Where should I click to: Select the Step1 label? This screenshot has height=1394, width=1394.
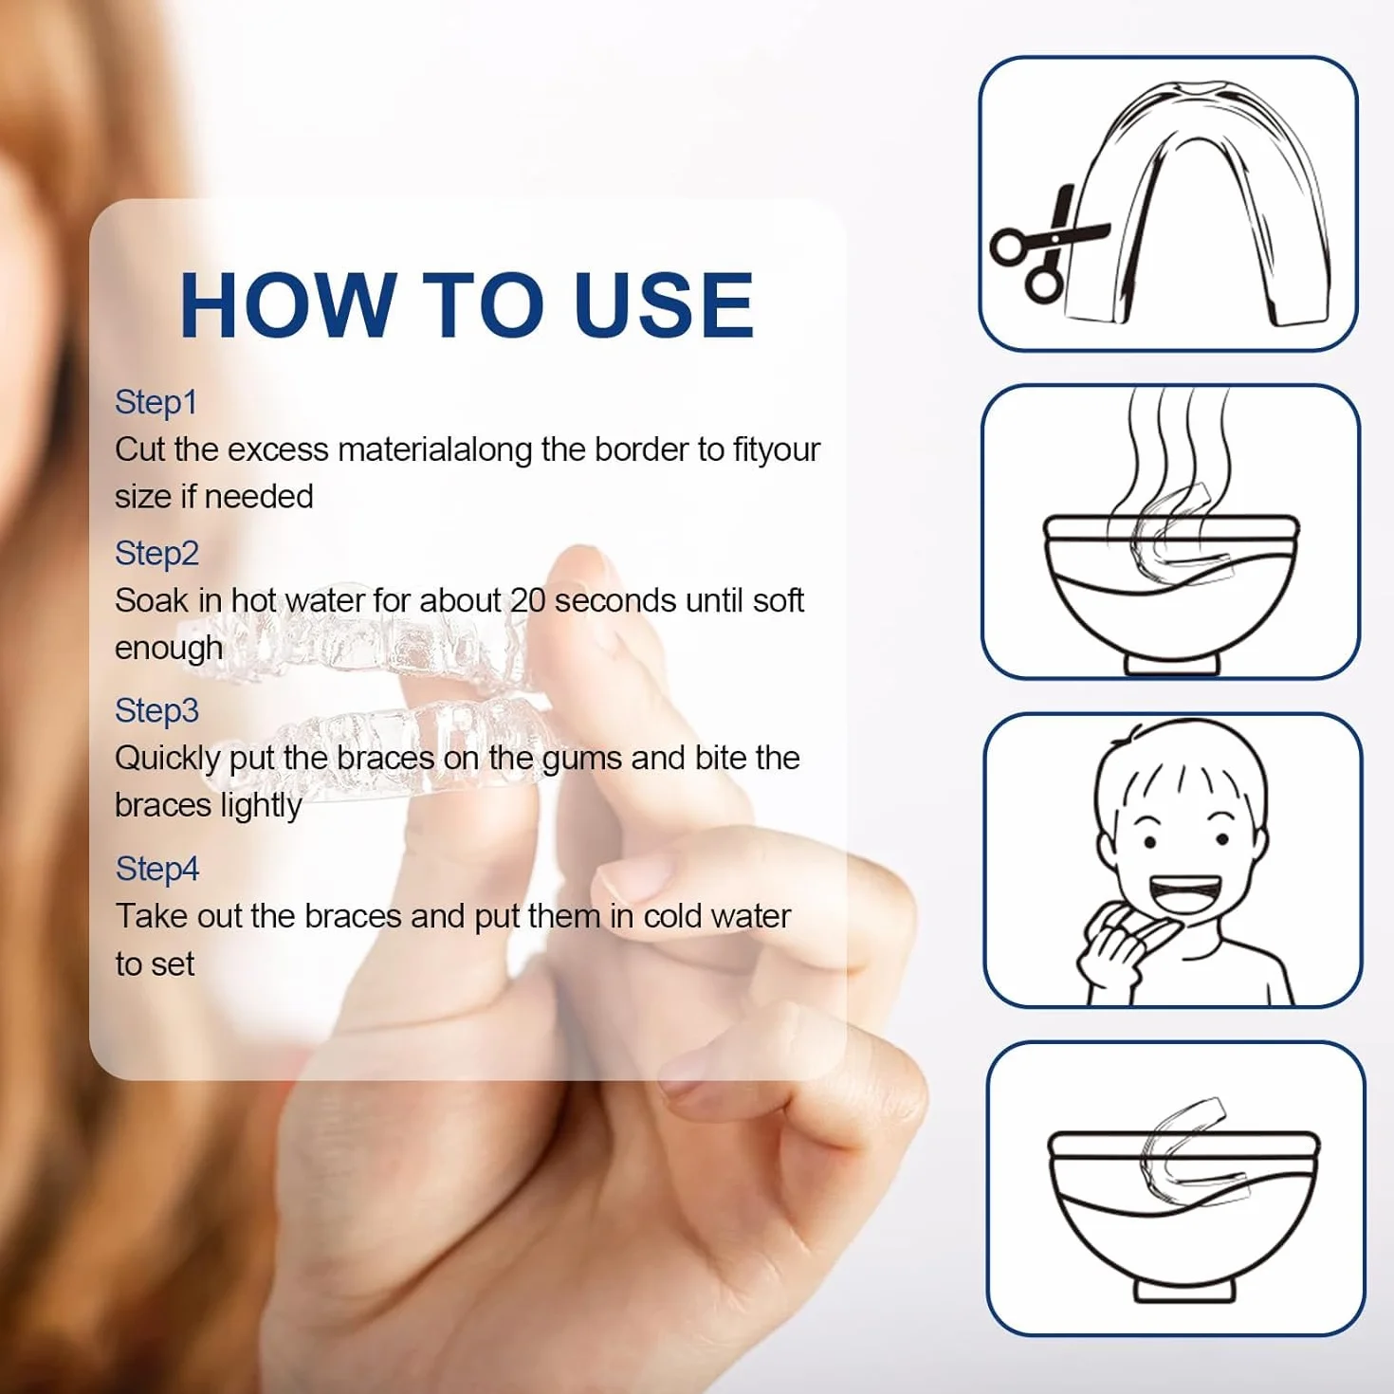coord(156,403)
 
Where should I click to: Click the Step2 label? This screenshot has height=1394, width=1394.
coord(157,554)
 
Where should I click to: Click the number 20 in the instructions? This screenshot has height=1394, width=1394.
coord(528,601)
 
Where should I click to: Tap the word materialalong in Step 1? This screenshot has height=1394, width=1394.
coord(434,449)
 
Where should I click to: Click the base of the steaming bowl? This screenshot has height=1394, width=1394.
coord(1172,664)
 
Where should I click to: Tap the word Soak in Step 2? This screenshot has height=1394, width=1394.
coord(151,601)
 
